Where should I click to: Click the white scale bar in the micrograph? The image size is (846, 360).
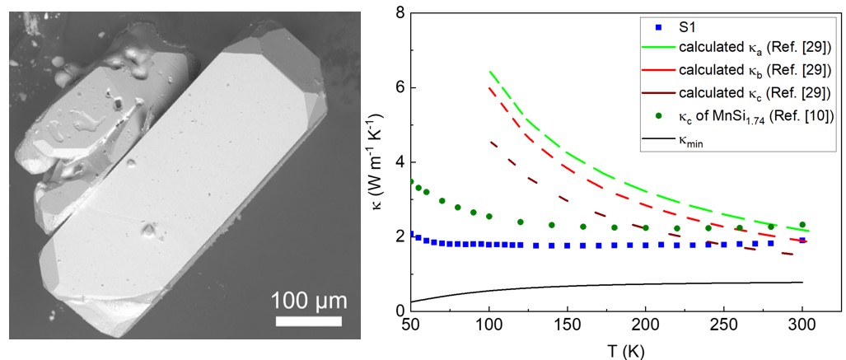click(309, 320)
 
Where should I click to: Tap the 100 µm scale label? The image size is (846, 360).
click(310, 298)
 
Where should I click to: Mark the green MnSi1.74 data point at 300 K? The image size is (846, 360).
click(802, 224)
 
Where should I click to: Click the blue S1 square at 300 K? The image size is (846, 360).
click(802, 240)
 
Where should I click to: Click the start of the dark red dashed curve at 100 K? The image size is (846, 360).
click(490, 142)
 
